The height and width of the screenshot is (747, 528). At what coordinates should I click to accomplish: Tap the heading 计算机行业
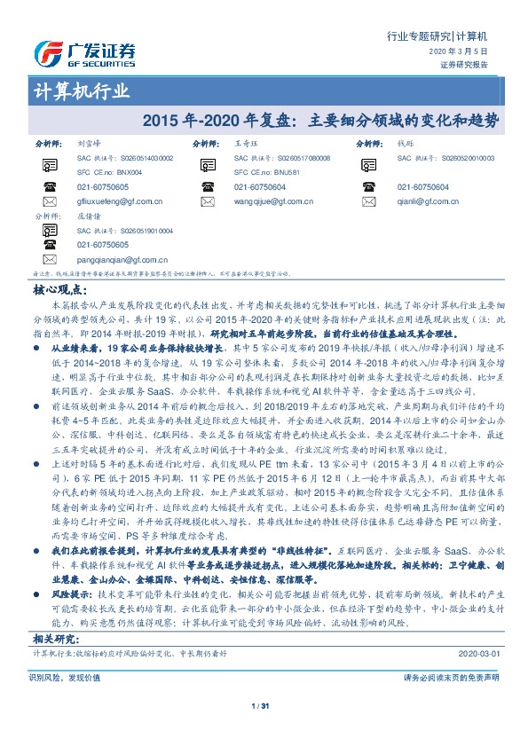click(81, 92)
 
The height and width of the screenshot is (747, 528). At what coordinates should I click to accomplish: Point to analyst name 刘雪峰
click(90, 142)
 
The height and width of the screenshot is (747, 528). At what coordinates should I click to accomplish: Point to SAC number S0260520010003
click(466, 157)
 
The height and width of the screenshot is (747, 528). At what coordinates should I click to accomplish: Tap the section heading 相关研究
click(57, 639)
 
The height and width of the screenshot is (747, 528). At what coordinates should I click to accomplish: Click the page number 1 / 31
click(263, 705)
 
